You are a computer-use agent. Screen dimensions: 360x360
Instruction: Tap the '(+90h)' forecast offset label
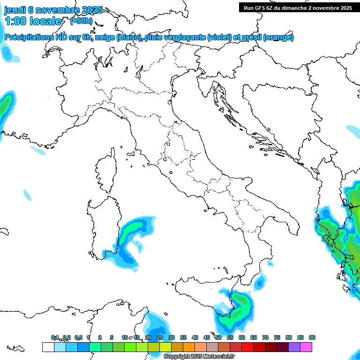click(81, 21)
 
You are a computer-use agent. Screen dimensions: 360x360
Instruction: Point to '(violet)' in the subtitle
click(223, 37)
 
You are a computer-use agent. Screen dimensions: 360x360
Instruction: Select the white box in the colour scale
click(48, 347)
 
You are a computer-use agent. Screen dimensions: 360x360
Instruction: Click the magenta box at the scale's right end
click(307, 347)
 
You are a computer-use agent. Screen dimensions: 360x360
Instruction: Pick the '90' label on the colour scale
click(312, 337)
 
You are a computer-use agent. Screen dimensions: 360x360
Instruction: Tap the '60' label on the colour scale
click(242, 337)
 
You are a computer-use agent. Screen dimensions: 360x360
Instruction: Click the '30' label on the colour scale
click(172, 337)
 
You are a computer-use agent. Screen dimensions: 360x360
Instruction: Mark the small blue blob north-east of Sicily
click(259, 283)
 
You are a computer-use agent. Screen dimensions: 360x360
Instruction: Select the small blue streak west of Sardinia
click(27, 193)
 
